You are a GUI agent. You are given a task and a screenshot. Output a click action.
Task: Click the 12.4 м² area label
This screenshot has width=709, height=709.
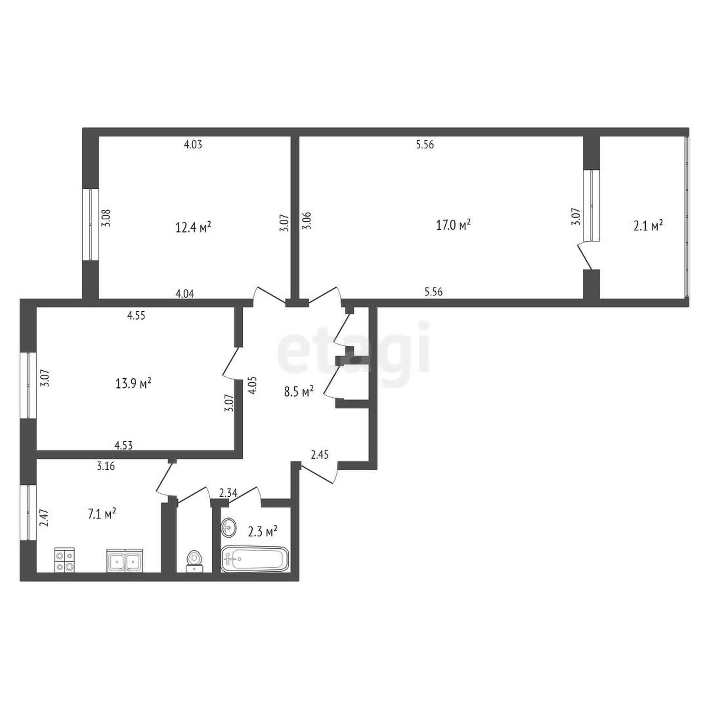click(193, 227)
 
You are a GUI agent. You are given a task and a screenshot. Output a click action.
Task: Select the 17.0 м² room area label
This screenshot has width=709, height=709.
click(453, 225)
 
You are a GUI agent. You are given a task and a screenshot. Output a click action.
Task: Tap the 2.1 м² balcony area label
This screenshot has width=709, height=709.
click(648, 225)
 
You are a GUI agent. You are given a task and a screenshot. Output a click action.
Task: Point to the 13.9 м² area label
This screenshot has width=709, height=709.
click(134, 384)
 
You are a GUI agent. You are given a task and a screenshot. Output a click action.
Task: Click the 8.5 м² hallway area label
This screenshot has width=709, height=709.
click(299, 391)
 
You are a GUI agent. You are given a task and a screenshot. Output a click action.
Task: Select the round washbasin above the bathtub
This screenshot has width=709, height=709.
click(229, 527)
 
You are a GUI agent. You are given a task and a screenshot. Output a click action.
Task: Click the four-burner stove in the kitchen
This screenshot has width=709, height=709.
click(65, 560)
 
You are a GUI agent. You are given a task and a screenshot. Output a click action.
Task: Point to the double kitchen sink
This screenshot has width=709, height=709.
click(124, 560)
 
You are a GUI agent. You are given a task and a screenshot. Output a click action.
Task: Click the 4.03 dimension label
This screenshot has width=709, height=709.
click(193, 144)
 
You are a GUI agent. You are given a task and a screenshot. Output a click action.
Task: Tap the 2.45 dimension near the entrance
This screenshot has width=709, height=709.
click(320, 455)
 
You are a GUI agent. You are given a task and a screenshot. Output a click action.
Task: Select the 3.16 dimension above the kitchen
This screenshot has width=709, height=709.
click(106, 466)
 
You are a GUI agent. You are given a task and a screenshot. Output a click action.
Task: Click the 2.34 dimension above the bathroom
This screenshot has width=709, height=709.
click(228, 493)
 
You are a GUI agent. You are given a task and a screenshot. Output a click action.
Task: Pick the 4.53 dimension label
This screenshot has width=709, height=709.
click(124, 446)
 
